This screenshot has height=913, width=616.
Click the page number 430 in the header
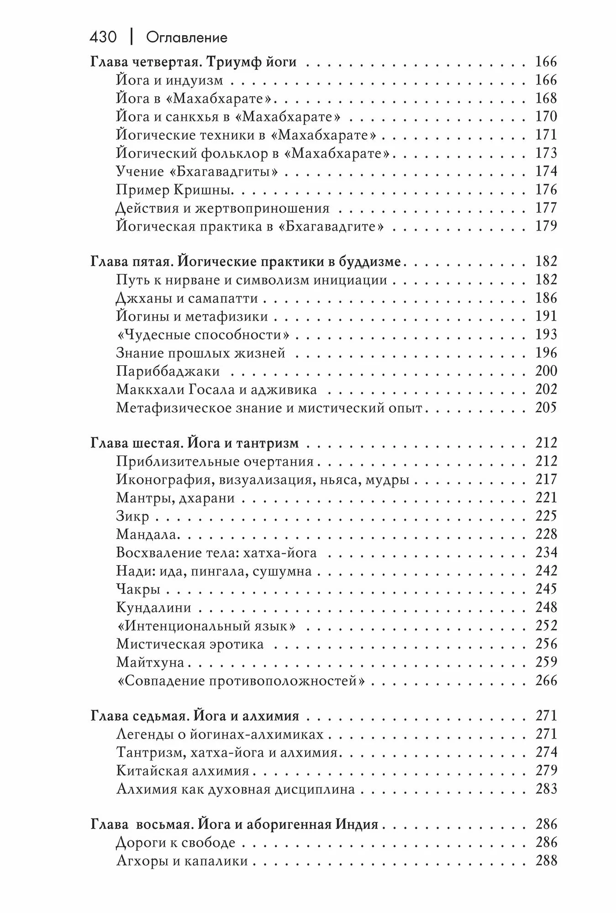[103, 37]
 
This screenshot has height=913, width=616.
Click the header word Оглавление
[186, 37]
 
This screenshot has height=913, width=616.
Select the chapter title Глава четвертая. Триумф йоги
[194, 62]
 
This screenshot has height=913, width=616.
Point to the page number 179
[546, 226]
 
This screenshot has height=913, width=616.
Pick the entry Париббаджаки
[168, 371]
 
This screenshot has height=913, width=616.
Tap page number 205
[546, 408]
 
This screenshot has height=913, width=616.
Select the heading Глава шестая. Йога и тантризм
[195, 443]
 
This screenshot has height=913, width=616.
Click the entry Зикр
[132, 516]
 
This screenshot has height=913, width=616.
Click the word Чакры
[138, 589]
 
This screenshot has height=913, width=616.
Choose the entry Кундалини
[153, 608]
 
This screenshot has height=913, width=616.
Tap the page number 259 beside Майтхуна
[546, 662]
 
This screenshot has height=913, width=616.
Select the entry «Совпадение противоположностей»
[241, 681]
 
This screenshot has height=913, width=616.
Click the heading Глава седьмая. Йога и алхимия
[195, 716]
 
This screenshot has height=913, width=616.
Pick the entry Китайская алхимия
[183, 771]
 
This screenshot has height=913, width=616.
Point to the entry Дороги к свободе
[176, 842]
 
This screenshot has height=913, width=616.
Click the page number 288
[546, 861]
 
